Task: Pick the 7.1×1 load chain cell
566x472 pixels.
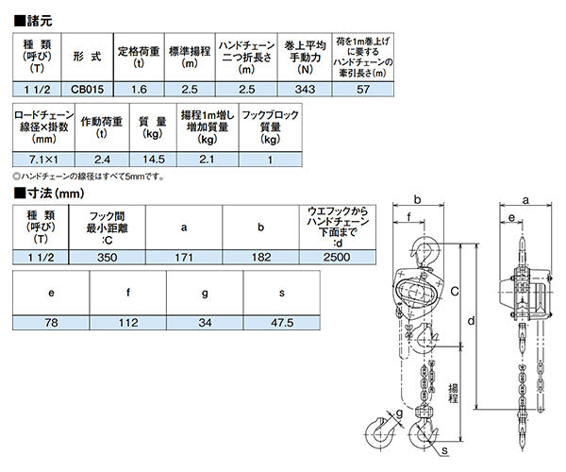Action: pyautogui.click(x=39, y=160)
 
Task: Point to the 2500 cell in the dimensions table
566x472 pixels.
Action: pyautogui.click(x=337, y=255)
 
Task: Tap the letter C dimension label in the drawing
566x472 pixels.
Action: pyautogui.click(x=455, y=295)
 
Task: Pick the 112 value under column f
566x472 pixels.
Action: pyautogui.click(x=128, y=323)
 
